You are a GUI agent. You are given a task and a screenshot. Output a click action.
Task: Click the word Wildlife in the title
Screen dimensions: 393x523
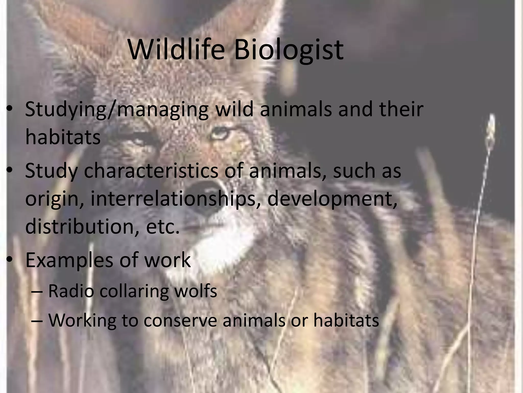tap(177, 50)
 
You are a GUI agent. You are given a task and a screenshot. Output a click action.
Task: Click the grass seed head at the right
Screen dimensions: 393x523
tap(491, 128)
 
